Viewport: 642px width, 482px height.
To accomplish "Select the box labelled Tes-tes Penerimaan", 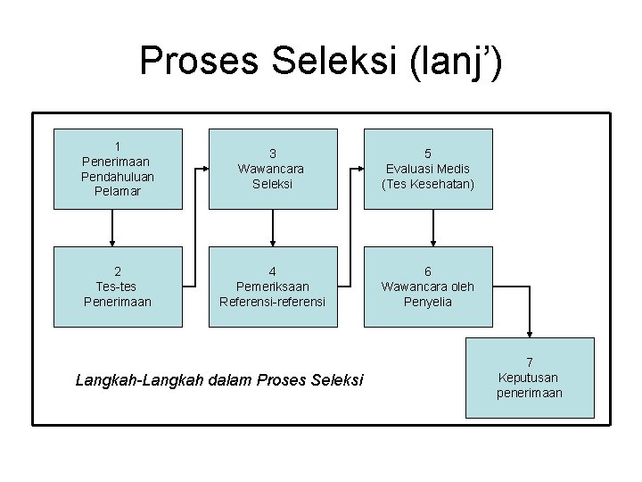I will click(x=117, y=287).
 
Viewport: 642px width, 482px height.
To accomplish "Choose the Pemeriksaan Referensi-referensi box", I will click(x=272, y=287).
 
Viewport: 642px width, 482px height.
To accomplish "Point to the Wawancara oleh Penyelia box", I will click(x=428, y=287).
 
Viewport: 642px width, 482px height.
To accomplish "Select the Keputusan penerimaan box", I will click(x=530, y=378).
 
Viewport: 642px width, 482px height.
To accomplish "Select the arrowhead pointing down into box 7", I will click(x=531, y=333).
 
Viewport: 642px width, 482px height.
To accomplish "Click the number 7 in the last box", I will click(x=530, y=362).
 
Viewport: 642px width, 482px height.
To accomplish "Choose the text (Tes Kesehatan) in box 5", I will click(x=428, y=184).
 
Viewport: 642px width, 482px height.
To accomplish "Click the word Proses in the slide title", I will click(x=191, y=61).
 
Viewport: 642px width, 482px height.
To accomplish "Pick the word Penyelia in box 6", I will click(x=428, y=302).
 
